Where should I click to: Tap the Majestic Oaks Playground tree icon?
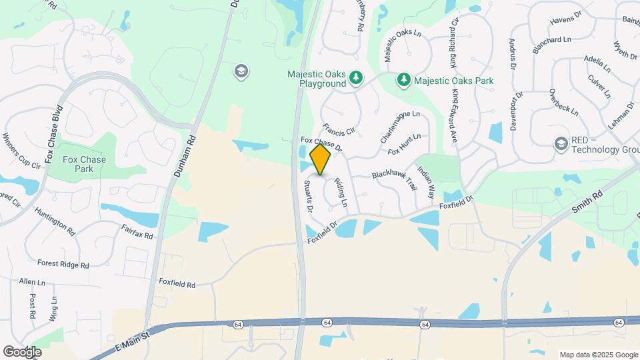pyautogui.click(x=357, y=79)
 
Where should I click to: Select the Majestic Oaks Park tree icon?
pyautogui.click(x=403, y=81)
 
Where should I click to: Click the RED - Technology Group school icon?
pyautogui.click(x=561, y=143)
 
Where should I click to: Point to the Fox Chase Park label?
pyautogui.click(x=84, y=164)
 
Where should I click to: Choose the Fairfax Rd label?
pyautogui.click(x=137, y=231)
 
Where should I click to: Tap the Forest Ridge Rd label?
pyautogui.click(x=63, y=264)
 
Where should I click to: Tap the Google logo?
pyautogui.click(x=23, y=351)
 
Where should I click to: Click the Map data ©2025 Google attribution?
pyautogui.click(x=598, y=355)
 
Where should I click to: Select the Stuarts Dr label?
pyautogui.click(x=309, y=196)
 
